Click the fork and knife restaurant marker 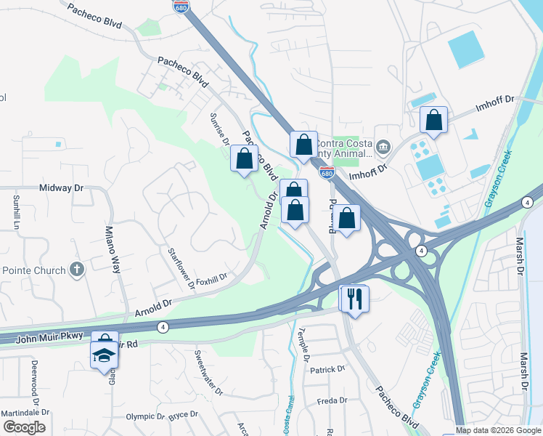coord(355,299)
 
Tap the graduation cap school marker coord(104,355)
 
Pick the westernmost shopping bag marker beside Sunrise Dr coord(245,158)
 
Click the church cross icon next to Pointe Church coord(77,270)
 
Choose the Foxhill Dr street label coord(211,277)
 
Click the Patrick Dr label coord(327,369)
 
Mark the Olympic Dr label coord(145,416)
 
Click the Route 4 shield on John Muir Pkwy coord(163,327)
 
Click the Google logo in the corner coord(24,427)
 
